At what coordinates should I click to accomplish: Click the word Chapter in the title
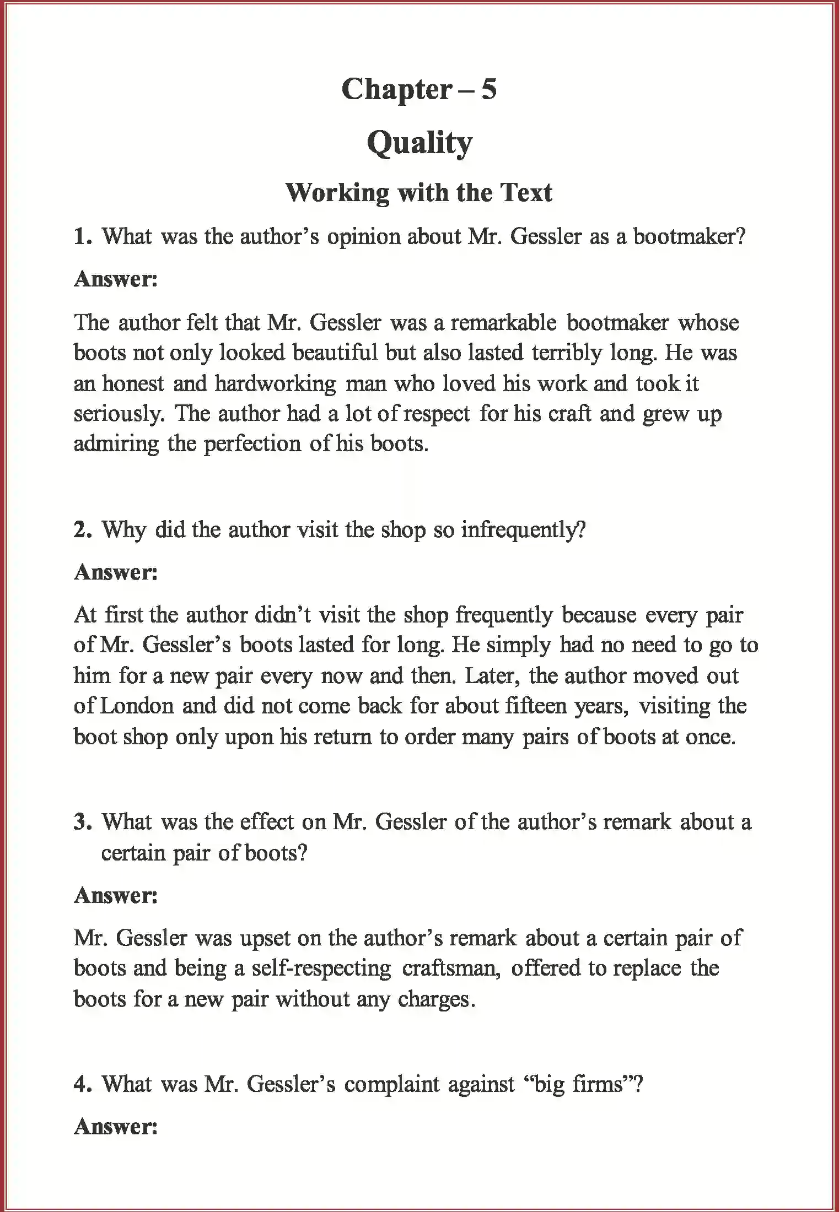(x=396, y=89)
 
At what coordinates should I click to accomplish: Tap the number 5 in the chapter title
(x=489, y=89)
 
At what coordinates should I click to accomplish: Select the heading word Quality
(x=419, y=143)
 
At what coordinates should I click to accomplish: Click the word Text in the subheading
(x=526, y=192)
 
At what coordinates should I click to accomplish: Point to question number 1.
(x=82, y=237)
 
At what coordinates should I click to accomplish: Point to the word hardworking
(x=275, y=383)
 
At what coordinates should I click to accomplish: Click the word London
(x=137, y=706)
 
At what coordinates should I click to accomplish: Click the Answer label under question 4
(x=116, y=1127)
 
